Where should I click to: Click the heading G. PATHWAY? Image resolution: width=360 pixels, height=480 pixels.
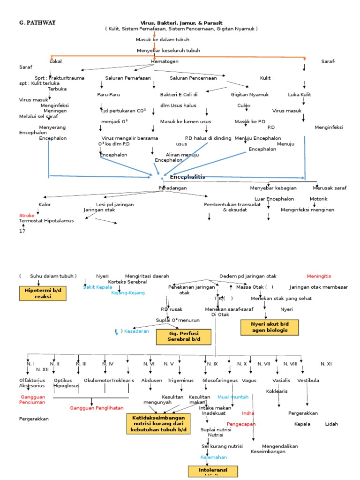point(37,22)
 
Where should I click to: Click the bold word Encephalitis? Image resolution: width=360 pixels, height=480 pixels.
point(187,177)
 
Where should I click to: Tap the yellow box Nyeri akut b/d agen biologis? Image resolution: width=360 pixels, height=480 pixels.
point(269,327)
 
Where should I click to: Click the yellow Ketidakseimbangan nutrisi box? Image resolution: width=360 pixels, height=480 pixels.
point(158,423)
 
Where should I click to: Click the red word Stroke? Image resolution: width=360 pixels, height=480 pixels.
point(26,215)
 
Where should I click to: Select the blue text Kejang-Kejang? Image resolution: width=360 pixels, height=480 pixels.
point(128,292)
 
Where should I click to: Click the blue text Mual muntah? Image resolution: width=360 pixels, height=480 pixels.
point(232,397)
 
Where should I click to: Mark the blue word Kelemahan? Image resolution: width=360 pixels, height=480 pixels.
point(214,457)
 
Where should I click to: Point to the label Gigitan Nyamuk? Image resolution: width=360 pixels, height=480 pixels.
point(250,94)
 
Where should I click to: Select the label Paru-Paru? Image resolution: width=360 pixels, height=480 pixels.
point(109,94)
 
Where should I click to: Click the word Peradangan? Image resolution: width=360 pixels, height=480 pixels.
point(172,188)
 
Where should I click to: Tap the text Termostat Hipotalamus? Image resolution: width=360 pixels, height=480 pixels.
point(46,221)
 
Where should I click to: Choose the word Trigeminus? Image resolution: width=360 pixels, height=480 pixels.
point(178,381)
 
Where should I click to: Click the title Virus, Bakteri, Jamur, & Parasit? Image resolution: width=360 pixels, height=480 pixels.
point(181,22)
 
